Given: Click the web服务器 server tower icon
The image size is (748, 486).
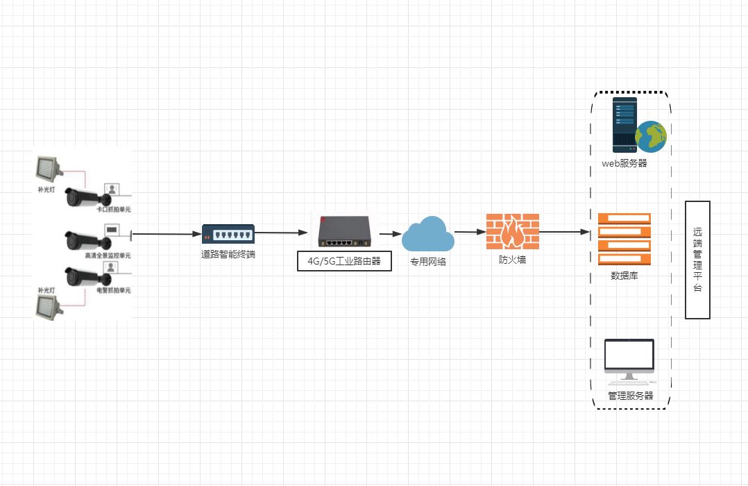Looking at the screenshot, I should [x=624, y=125].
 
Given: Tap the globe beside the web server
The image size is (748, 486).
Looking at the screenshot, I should [x=651, y=136].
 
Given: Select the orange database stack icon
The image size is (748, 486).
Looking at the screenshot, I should [x=624, y=240].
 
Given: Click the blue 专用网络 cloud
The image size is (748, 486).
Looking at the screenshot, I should [x=427, y=234].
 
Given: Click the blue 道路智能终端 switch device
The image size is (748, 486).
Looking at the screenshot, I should [x=228, y=235].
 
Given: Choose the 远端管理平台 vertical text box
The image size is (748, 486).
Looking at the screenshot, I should [x=697, y=260].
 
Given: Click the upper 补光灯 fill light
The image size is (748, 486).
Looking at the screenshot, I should [x=48, y=167].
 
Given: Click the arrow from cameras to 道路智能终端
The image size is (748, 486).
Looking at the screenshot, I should [x=167, y=234].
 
